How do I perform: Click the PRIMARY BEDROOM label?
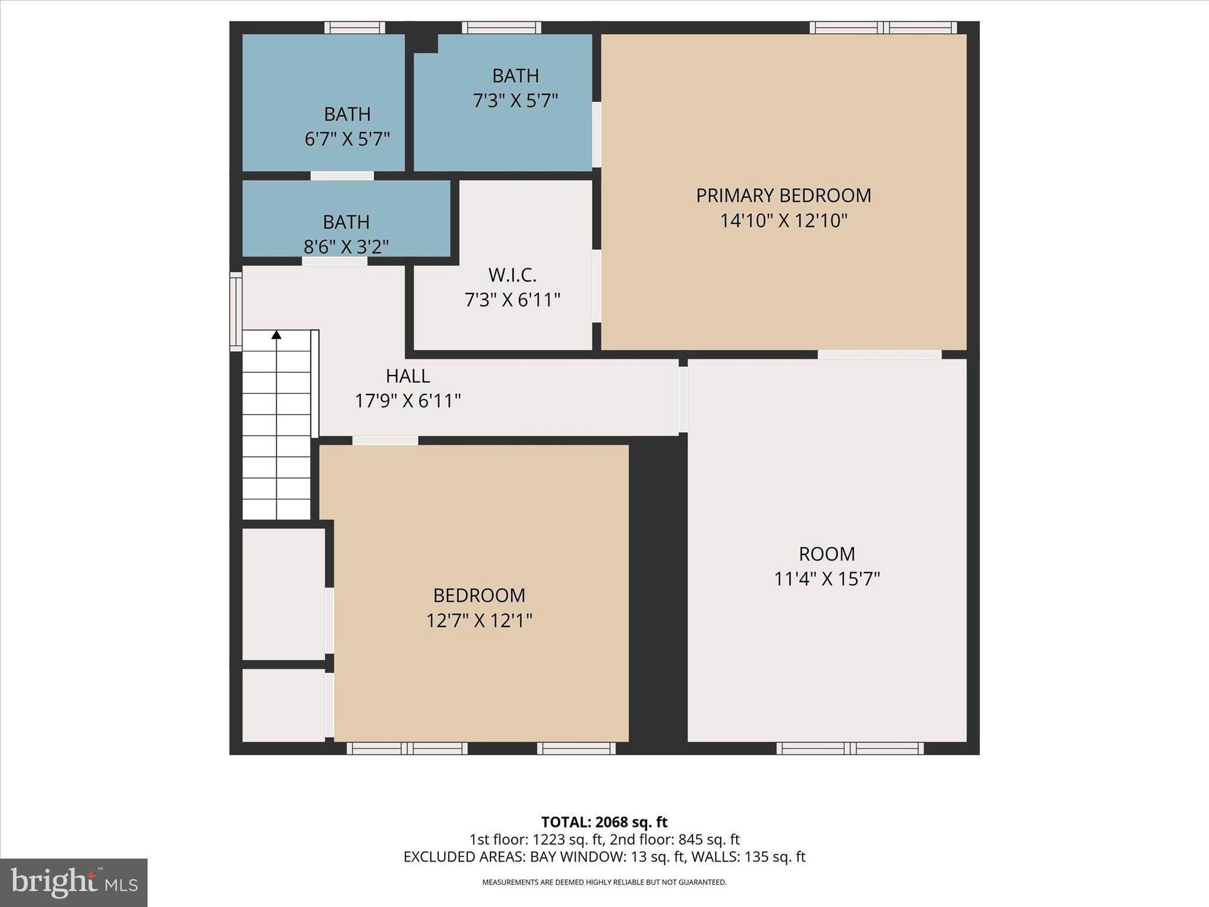point(783,195)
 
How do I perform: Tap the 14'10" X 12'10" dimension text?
point(783,221)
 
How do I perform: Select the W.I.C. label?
point(512,275)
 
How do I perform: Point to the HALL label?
point(407,376)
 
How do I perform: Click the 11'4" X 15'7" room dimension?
point(826,579)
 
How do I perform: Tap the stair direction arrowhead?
point(276,335)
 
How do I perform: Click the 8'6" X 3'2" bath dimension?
point(346,246)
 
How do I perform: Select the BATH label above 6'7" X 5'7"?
point(347,114)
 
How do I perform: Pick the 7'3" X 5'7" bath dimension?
point(515,101)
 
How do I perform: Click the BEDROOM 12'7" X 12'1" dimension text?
point(479,621)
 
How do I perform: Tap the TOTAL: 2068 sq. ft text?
point(604,822)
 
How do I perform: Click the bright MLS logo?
point(74,882)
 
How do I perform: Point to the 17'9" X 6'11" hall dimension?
point(407,402)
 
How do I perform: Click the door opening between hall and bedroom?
point(385,441)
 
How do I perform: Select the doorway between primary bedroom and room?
point(879,355)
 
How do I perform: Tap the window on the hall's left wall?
point(236,311)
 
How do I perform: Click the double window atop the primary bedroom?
point(883,27)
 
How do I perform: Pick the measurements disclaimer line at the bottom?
point(604,882)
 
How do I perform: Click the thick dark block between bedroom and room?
point(658,590)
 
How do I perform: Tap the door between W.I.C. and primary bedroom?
point(597,286)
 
